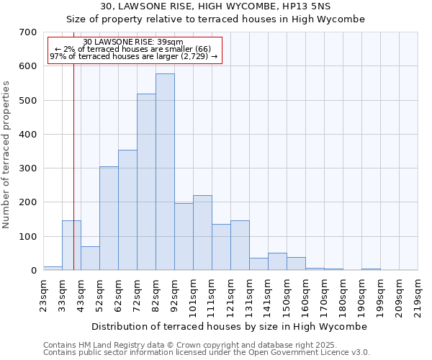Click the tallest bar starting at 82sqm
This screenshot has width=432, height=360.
165,172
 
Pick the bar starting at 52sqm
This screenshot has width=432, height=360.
109,219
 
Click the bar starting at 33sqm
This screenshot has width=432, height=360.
71,246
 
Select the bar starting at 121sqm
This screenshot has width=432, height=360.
240,246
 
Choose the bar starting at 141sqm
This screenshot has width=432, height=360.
277,262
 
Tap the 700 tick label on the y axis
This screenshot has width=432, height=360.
28,32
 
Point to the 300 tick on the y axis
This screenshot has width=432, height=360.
28,168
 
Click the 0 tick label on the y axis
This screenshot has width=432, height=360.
33,271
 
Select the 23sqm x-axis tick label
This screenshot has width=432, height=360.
44,294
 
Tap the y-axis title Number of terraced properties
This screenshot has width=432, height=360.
7,155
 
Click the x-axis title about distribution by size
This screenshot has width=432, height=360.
230,326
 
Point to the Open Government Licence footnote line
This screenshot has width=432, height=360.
207,353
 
